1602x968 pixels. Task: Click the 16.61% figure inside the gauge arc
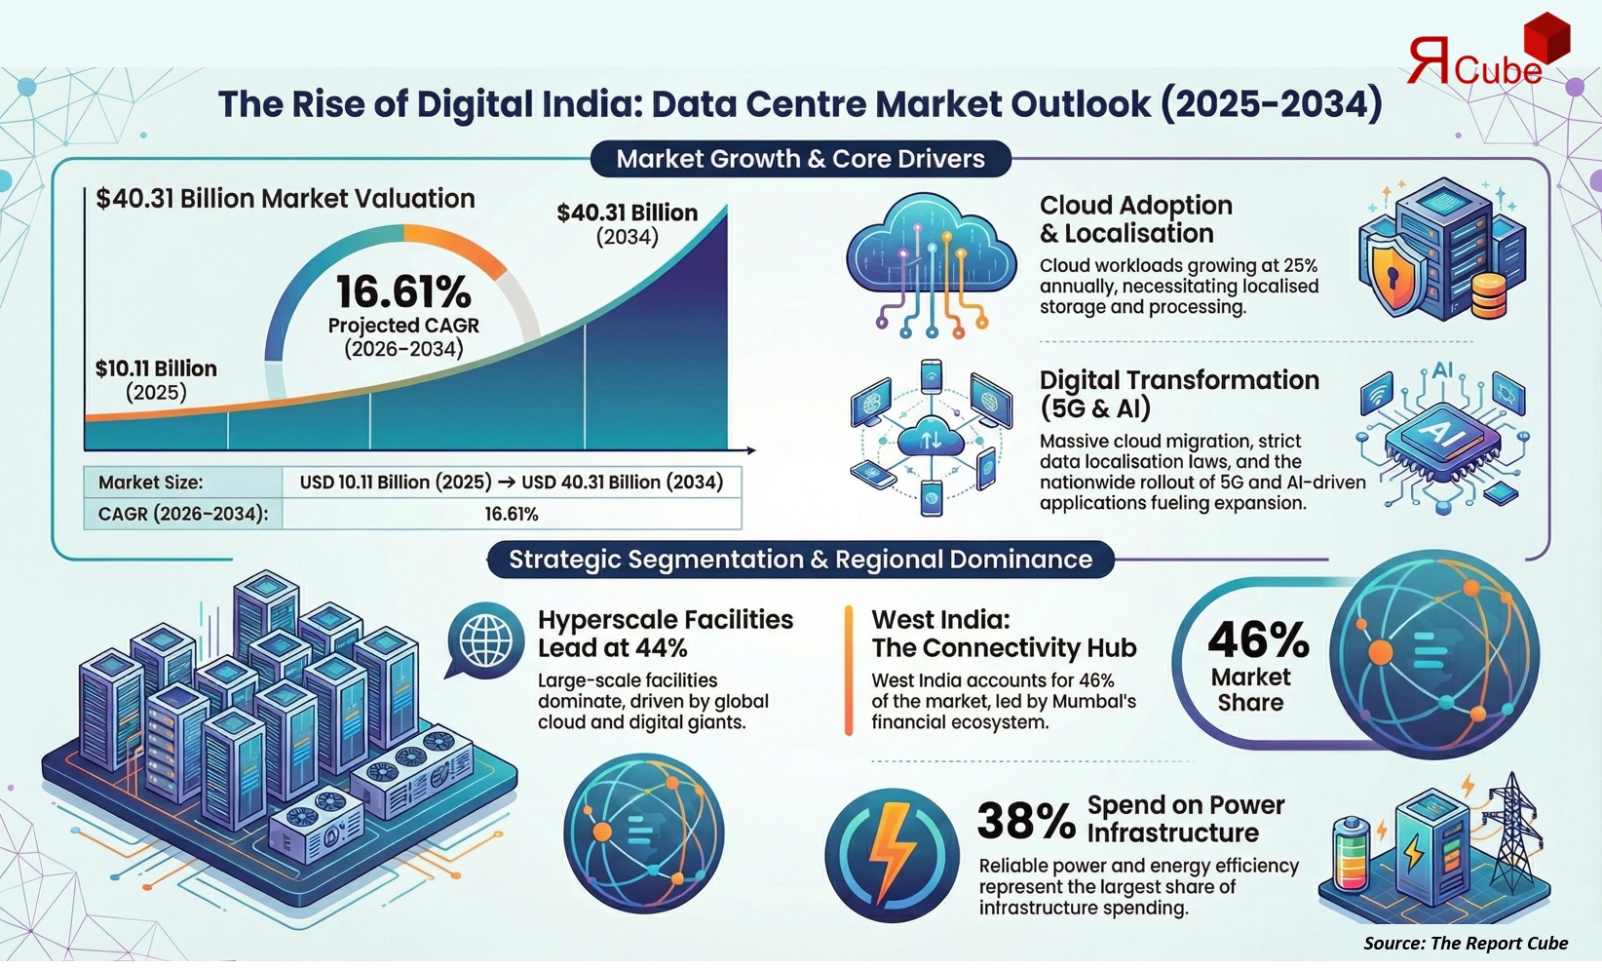point(403,291)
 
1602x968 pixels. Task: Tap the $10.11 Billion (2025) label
point(156,379)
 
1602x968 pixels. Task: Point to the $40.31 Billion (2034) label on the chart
point(627,223)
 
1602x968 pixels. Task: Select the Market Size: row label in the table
point(151,483)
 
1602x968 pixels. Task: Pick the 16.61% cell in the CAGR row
point(511,514)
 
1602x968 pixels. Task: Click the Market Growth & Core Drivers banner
point(800,159)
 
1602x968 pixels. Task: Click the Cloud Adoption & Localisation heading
point(1135,219)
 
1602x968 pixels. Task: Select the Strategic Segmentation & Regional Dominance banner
point(800,560)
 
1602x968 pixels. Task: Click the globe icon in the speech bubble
point(485,640)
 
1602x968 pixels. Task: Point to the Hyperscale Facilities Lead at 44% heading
point(665,634)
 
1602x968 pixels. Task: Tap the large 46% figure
point(1258,640)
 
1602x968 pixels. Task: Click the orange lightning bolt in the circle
point(891,855)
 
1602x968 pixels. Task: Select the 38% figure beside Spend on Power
point(1025,821)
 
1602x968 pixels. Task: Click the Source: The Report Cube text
point(1465,943)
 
